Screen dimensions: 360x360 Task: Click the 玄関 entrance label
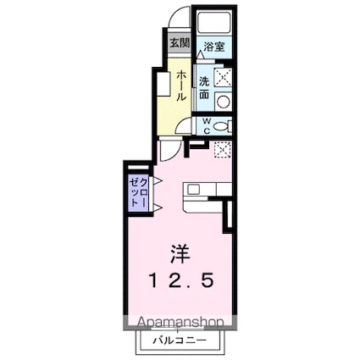[x=178, y=43]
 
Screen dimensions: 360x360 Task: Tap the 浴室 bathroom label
[x=213, y=48]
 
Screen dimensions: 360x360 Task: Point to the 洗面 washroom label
[x=204, y=90]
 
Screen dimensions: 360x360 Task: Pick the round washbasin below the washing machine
[x=223, y=102]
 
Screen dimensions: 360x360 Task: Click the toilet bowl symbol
[x=222, y=125]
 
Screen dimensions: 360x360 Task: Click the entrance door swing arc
[x=177, y=19]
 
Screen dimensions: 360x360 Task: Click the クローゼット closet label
[x=137, y=194]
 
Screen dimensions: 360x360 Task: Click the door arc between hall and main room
[x=169, y=151]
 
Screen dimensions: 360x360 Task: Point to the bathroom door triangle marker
[x=202, y=55]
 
